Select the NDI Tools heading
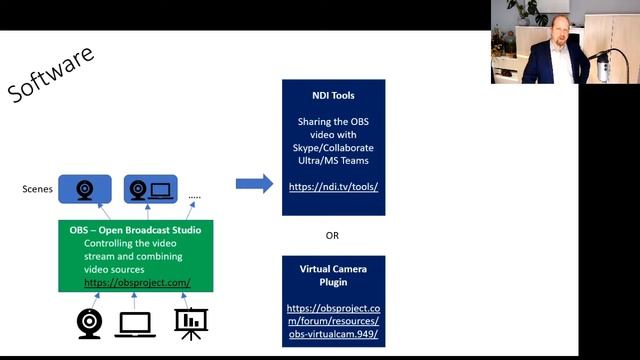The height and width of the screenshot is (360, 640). click(333, 96)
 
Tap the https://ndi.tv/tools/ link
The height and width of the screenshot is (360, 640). click(333, 186)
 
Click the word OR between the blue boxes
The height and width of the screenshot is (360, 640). click(333, 236)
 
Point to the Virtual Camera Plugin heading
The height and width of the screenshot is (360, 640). click(333, 276)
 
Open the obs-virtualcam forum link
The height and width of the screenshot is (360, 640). click(333, 319)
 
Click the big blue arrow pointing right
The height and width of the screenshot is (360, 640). click(254, 183)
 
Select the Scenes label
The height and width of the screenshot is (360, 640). click(37, 189)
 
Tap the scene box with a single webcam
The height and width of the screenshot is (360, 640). click(85, 188)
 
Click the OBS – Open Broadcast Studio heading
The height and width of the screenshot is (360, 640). click(135, 230)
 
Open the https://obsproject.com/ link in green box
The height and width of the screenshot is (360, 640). click(137, 283)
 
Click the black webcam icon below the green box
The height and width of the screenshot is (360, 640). click(90, 321)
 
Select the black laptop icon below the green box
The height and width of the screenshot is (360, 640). click(136, 322)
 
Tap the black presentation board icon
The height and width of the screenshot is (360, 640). click(190, 321)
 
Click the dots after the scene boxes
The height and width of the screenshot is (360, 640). click(194, 197)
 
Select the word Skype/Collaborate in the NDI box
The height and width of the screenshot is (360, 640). click(333, 147)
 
